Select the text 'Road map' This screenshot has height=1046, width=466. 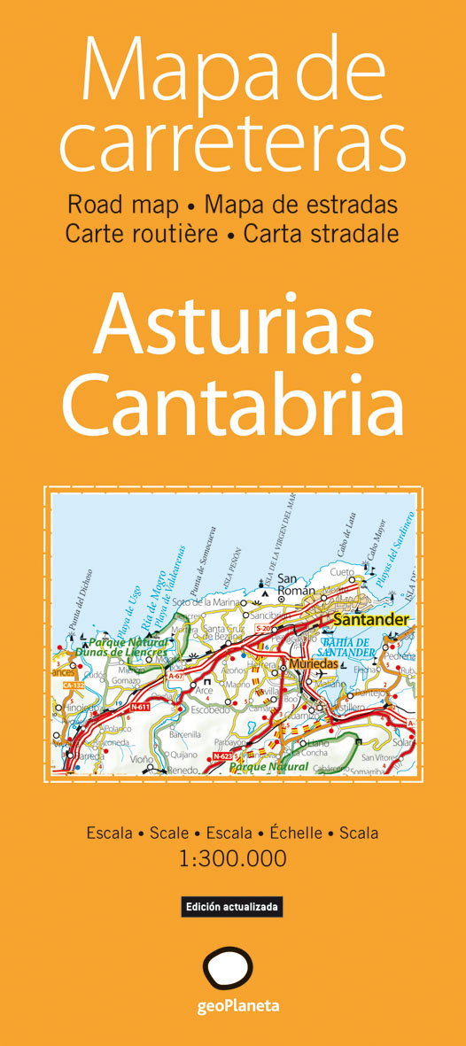pos(121,205)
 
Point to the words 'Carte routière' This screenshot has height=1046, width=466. pos(141,234)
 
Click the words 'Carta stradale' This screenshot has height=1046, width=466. pos(321,234)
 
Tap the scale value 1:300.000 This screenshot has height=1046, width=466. pos(233,857)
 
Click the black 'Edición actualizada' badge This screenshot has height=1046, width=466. pos(232,907)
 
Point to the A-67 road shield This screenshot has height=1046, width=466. pos(175,676)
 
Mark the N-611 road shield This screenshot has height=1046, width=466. pos(140,707)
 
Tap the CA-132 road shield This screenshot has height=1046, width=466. pos(77,685)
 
